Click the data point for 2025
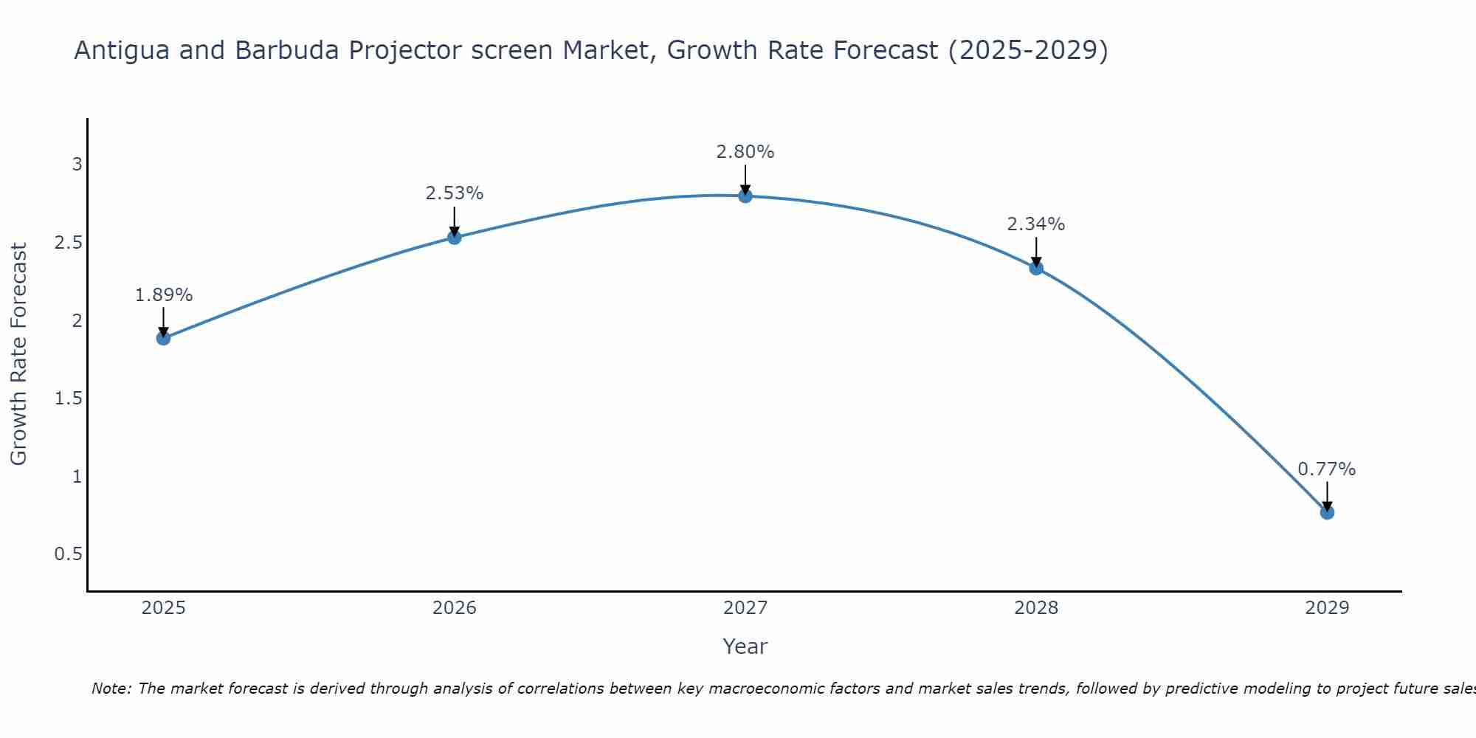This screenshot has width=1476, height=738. click(163, 338)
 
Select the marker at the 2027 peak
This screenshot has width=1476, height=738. click(745, 196)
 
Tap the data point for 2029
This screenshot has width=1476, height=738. click(1327, 512)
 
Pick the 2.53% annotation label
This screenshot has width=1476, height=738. click(454, 193)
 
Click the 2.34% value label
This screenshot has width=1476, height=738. click(1035, 224)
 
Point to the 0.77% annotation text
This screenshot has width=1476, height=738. click(1326, 469)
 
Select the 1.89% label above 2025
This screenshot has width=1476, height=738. click(163, 295)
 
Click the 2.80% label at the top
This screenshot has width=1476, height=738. click(745, 152)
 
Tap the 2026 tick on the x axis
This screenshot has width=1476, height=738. click(454, 608)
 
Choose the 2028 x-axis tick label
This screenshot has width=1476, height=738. click(1035, 608)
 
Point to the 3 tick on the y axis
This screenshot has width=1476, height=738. click(77, 165)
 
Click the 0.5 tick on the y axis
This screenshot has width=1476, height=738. click(68, 554)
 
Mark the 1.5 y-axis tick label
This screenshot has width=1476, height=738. click(68, 399)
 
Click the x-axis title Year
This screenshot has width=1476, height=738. click(745, 646)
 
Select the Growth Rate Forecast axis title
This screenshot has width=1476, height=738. click(18, 354)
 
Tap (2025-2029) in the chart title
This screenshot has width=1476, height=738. click(1028, 50)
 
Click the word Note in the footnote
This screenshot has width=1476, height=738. click(110, 689)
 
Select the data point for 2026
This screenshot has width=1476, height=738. click(454, 237)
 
